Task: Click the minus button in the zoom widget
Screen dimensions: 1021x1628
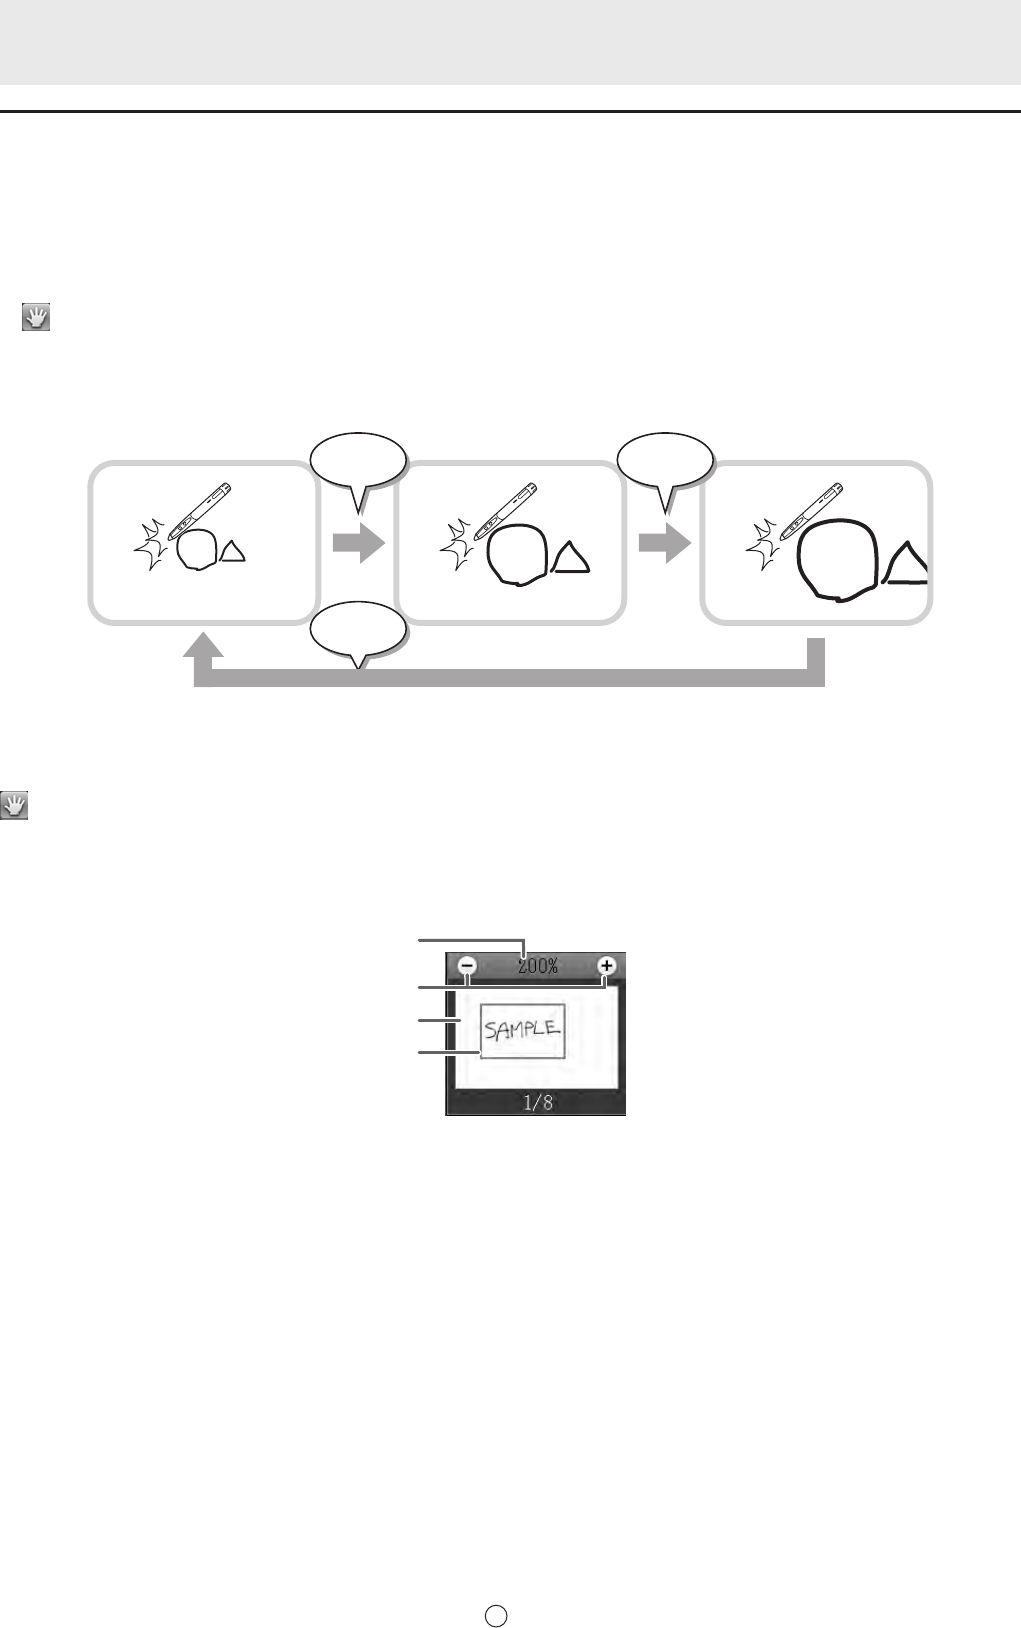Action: [468, 966]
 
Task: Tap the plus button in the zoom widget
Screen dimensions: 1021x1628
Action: [606, 966]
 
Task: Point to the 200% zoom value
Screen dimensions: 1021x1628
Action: [538, 966]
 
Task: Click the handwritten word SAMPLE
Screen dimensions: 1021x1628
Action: [522, 1029]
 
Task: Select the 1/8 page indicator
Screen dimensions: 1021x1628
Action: [538, 1103]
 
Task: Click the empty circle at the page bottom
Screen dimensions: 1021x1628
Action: [496, 1615]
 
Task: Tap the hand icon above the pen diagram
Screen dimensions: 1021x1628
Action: [36, 318]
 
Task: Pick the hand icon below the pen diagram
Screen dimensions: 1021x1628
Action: [14, 806]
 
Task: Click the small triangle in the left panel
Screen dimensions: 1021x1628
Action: [233, 552]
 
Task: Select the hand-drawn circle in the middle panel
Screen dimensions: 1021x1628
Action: [517, 554]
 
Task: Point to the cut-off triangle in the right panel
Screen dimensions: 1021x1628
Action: [905, 563]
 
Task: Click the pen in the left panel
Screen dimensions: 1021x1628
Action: [199, 511]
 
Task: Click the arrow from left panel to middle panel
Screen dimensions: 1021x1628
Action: [358, 543]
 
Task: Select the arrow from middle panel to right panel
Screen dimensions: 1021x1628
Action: [664, 543]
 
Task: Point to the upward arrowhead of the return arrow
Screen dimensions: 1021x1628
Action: [203, 645]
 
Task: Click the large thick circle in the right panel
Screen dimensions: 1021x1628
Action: [839, 560]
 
